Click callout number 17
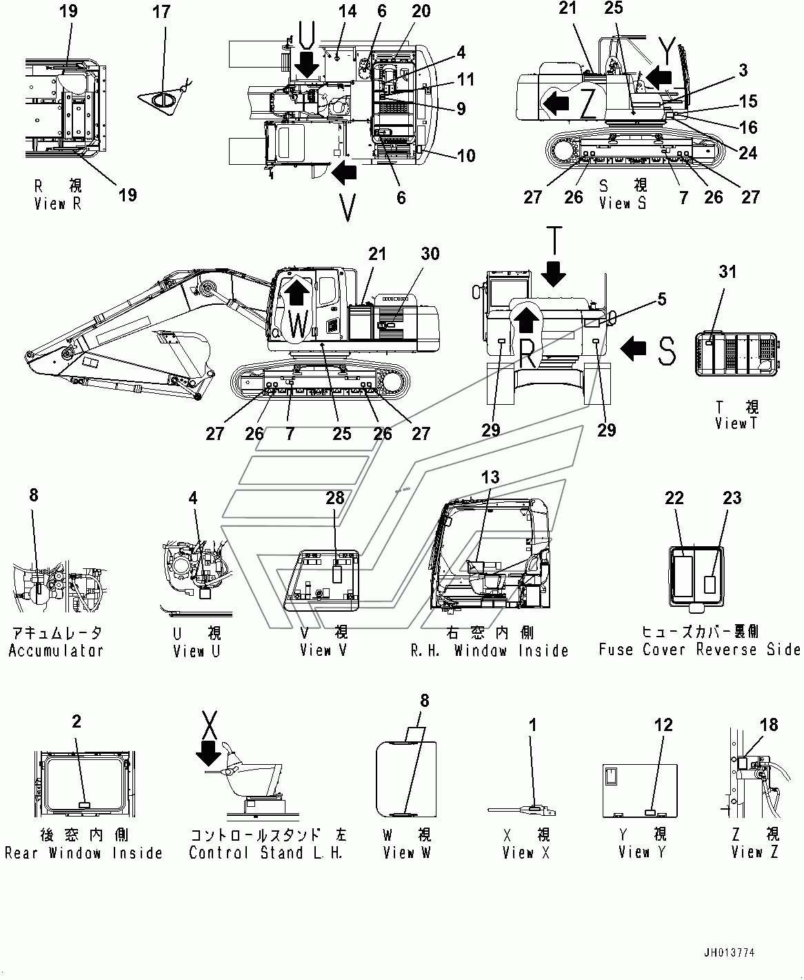tap(161, 12)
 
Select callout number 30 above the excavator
tap(430, 254)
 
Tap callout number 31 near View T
tap(727, 272)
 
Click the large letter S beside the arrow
tap(666, 350)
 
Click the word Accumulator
tap(56, 650)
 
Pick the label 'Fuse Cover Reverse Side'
tap(699, 650)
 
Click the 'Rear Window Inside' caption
tap(83, 853)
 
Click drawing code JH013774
tap(729, 953)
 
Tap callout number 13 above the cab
tap(490, 477)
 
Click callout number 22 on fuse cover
tap(674, 499)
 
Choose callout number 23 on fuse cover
tap(732, 499)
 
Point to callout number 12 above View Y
tap(663, 725)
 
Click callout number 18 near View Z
tap(769, 725)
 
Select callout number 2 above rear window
tap(77, 722)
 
